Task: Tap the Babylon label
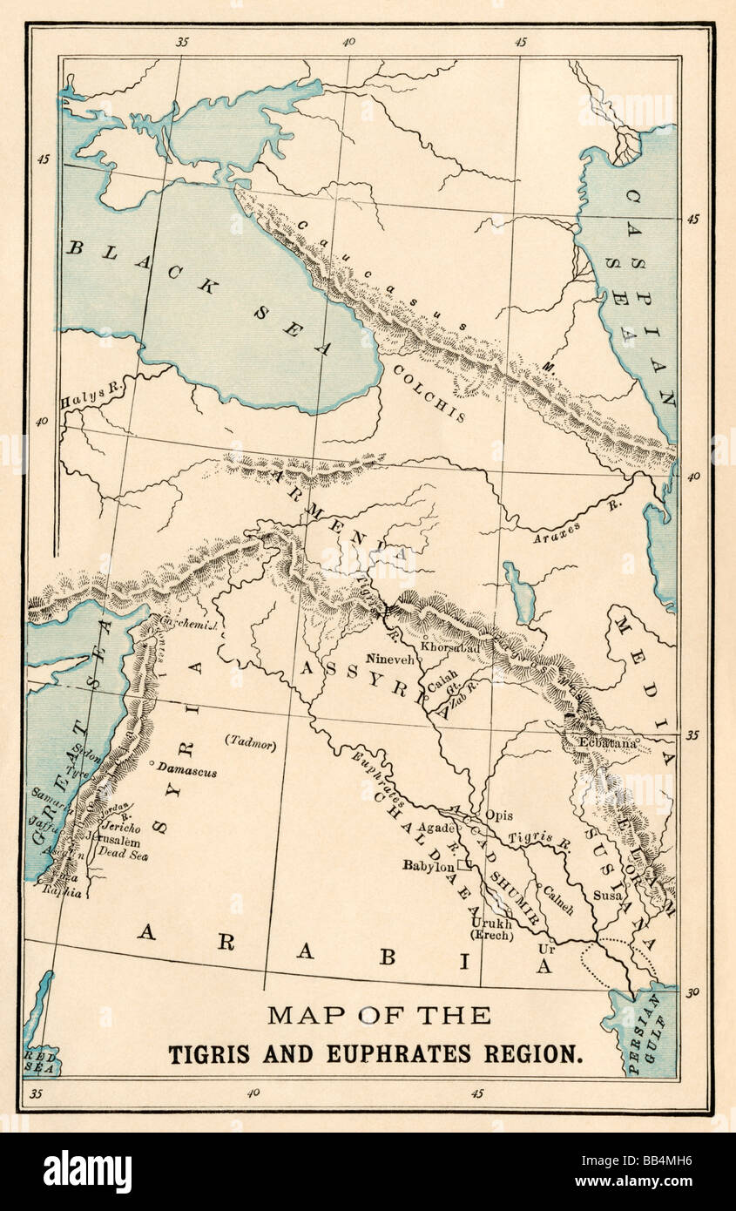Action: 428,866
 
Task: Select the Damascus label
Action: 187,772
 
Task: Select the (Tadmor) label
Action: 251,743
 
